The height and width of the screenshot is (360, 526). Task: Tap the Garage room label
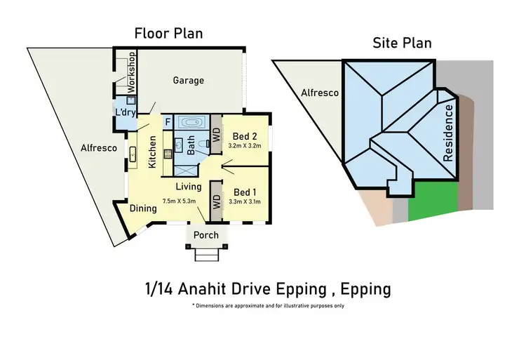pyautogui.click(x=189, y=80)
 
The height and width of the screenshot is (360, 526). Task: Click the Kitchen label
pyautogui.click(x=152, y=151)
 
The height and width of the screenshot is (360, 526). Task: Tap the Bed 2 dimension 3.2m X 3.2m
pyautogui.click(x=243, y=146)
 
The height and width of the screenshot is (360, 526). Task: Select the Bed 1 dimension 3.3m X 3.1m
pyautogui.click(x=243, y=202)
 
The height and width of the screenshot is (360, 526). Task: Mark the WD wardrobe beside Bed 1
pyautogui.click(x=216, y=192)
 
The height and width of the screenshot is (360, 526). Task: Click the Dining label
pyautogui.click(x=143, y=208)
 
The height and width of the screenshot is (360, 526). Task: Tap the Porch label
pyautogui.click(x=205, y=235)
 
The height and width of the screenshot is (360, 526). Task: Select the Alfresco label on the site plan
pyautogui.click(x=320, y=93)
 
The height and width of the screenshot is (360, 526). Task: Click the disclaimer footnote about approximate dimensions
pyautogui.click(x=268, y=306)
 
